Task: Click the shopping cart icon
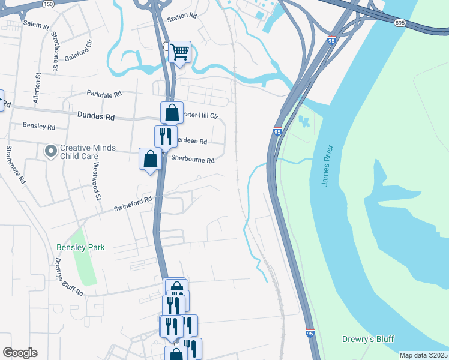(x=180, y=52)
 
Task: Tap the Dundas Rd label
(x=95, y=116)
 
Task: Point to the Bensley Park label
(x=80, y=247)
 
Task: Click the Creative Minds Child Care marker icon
(x=51, y=151)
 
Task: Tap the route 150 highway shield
(x=48, y=4)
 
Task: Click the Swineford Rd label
(x=133, y=205)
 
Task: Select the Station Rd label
(x=182, y=17)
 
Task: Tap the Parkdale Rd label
(x=104, y=94)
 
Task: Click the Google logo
(x=20, y=353)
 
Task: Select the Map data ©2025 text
(x=423, y=355)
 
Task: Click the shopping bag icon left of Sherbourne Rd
(x=150, y=158)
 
